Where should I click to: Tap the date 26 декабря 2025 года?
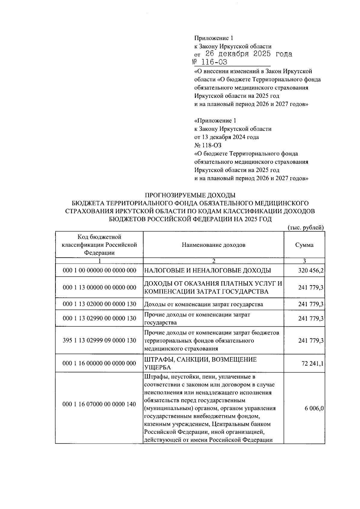248,54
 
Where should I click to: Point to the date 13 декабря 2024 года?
226,137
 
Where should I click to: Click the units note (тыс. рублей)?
306,227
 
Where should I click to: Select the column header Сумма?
304,245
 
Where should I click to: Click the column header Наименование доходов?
213,245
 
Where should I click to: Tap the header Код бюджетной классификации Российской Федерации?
99,245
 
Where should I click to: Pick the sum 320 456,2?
311,271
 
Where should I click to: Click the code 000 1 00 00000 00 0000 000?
99,271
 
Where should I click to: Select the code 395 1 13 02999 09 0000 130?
99,340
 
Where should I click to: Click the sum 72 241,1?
313,364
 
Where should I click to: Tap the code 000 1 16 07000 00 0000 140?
99,404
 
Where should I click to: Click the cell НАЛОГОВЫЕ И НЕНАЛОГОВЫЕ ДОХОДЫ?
208,271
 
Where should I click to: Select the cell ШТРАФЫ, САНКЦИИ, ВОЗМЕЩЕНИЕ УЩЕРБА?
200,363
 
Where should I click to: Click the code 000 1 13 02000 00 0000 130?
99,304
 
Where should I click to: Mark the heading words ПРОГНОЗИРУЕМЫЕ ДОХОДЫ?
190,195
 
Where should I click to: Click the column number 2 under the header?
213,261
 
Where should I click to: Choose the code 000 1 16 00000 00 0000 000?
99,364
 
